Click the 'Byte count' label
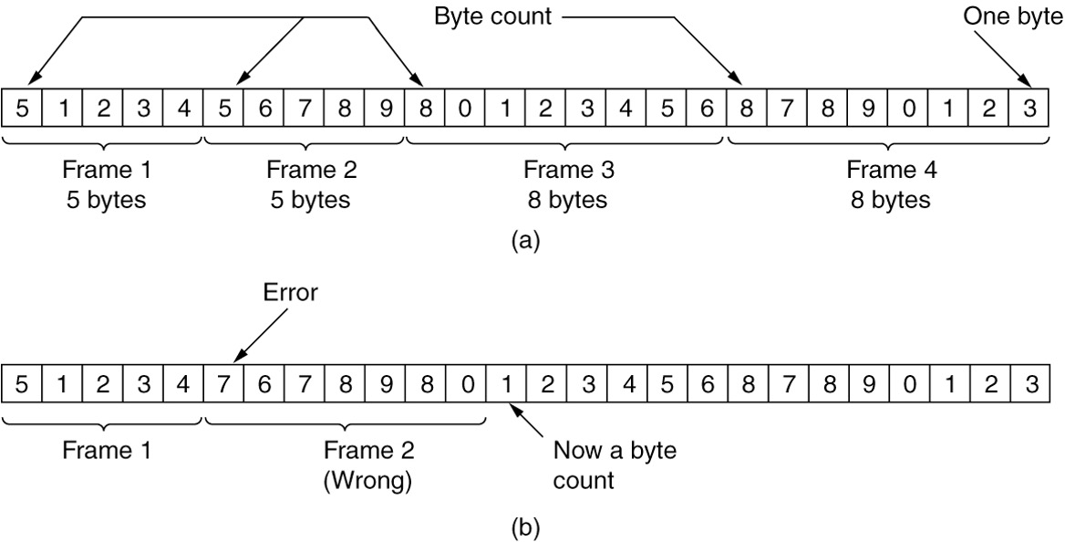click(492, 16)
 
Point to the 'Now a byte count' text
click(614, 464)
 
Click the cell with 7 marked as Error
click(222, 383)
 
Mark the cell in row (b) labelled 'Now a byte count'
click(504, 383)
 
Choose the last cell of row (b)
click(1029, 383)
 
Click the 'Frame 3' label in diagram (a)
click(569, 170)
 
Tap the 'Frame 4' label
click(891, 170)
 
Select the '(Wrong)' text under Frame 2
click(368, 480)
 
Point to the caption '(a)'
click(526, 241)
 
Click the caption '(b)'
click(526, 526)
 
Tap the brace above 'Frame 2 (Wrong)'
click(345, 421)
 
